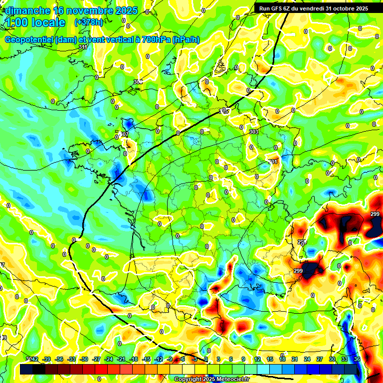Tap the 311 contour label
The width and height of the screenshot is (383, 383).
83,47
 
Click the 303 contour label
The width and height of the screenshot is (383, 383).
254,132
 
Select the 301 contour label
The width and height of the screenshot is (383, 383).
272,162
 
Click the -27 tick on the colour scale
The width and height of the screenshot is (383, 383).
96,360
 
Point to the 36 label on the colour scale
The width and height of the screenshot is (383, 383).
357,360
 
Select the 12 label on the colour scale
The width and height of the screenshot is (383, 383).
257,360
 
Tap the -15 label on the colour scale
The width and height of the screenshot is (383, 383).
147,360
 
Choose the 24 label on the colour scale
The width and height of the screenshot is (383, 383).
307,360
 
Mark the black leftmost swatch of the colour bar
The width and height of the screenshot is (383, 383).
26,369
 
